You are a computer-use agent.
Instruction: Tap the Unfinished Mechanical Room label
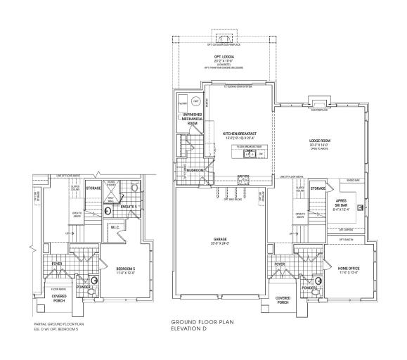tap(193, 119)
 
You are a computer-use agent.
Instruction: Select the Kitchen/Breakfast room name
tap(239, 133)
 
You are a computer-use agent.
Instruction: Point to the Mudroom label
tap(195, 170)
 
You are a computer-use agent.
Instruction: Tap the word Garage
tap(219, 239)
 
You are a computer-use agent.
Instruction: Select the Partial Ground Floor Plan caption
tap(59, 326)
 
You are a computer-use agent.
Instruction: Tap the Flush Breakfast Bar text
tap(249, 146)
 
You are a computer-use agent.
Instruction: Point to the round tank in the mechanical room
tap(198, 101)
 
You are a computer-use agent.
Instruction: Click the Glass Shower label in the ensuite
tap(111, 184)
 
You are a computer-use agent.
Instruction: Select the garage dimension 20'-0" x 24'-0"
tap(219, 244)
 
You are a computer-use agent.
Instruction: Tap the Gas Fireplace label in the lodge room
tap(321, 110)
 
